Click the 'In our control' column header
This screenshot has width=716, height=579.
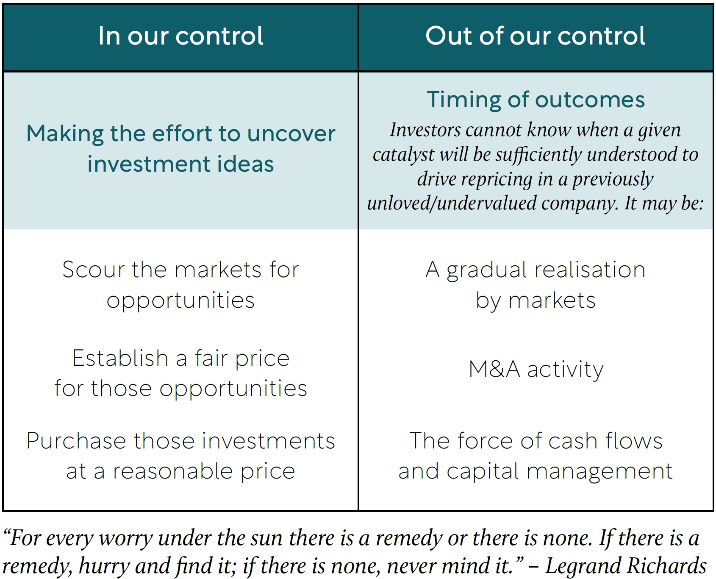pyautogui.click(x=181, y=36)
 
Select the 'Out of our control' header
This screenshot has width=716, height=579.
pyautogui.click(x=536, y=36)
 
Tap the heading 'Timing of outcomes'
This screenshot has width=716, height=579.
pyautogui.click(x=536, y=100)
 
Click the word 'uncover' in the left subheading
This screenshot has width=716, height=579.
pyautogui.click(x=291, y=134)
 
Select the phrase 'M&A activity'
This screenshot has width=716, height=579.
pyautogui.click(x=536, y=369)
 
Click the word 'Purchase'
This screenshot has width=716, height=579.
pyautogui.click(x=76, y=441)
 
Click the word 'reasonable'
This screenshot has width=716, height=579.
pyautogui.click(x=172, y=471)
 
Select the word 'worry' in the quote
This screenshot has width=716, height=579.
pyautogui.click(x=126, y=539)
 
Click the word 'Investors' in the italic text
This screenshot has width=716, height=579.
pyautogui.click(x=425, y=130)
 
